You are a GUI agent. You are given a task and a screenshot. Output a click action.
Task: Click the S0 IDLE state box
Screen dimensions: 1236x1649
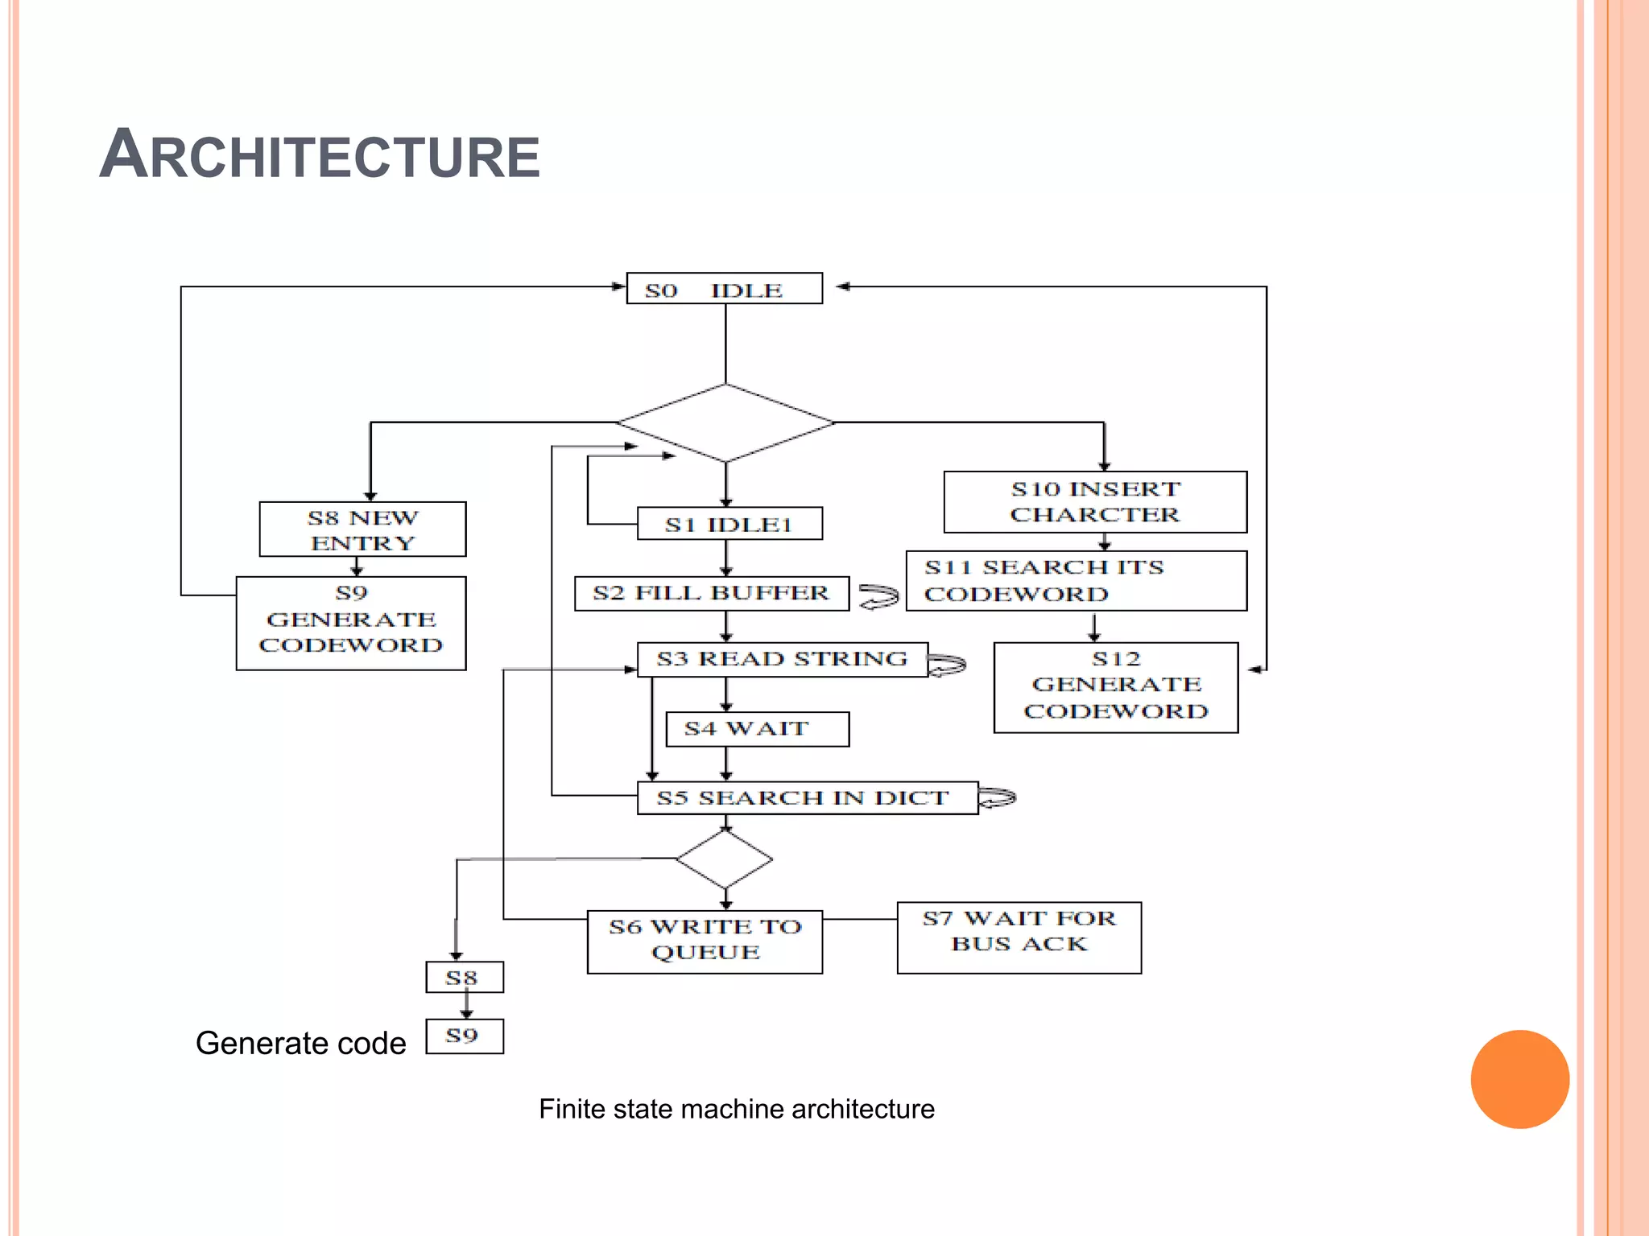click(724, 289)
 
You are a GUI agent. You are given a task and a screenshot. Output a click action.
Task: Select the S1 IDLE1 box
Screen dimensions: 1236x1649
click(729, 524)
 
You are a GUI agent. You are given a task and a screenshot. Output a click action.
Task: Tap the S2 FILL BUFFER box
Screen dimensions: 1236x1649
click(711, 594)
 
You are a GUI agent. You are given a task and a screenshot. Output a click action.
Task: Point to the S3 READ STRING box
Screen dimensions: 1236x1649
click(782, 659)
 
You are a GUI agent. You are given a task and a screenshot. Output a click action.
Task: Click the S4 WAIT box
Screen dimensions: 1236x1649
click(757, 729)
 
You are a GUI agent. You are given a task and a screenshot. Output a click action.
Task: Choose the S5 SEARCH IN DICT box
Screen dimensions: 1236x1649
click(807, 798)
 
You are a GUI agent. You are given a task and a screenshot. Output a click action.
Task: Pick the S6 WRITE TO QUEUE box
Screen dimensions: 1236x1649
click(705, 941)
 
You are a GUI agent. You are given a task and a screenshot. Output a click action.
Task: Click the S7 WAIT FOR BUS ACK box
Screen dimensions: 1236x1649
click(1019, 937)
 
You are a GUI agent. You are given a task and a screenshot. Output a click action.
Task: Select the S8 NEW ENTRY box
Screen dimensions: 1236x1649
click(362, 529)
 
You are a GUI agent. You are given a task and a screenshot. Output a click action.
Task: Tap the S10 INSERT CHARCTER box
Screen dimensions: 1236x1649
click(1095, 502)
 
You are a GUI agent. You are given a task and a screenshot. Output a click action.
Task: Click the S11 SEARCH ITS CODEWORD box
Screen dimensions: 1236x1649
click(1076, 581)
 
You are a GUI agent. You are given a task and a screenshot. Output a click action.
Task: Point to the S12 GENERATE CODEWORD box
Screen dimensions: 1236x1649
click(1115, 687)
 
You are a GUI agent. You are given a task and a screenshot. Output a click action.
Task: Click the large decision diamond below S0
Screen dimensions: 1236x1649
click(725, 423)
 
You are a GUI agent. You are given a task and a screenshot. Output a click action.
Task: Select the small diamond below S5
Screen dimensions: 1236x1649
click(725, 859)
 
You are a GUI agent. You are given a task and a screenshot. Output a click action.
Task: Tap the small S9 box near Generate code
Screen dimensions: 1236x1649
click(465, 1036)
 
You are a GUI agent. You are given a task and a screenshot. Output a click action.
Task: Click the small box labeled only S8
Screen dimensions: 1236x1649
click(465, 978)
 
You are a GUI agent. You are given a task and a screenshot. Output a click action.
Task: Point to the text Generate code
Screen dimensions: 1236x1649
click(300, 1044)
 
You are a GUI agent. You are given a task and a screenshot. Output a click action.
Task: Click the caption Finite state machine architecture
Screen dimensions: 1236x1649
click(737, 1110)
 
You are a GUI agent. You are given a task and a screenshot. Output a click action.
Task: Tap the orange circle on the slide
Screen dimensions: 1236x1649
click(1519, 1079)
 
